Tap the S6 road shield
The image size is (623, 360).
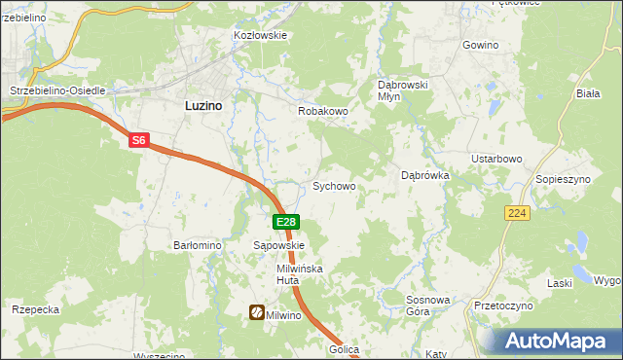(x=139, y=141)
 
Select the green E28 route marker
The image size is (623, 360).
(x=285, y=223)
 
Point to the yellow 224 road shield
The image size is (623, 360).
(x=517, y=213)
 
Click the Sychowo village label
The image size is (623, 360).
(x=333, y=186)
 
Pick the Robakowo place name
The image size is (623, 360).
(x=322, y=112)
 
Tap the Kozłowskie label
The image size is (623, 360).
(x=260, y=35)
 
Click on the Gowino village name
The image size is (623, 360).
(x=480, y=46)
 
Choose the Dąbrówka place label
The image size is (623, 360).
(x=424, y=176)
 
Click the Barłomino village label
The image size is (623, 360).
(x=199, y=246)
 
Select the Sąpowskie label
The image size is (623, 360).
(x=279, y=246)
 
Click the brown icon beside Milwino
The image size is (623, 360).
(x=257, y=313)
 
